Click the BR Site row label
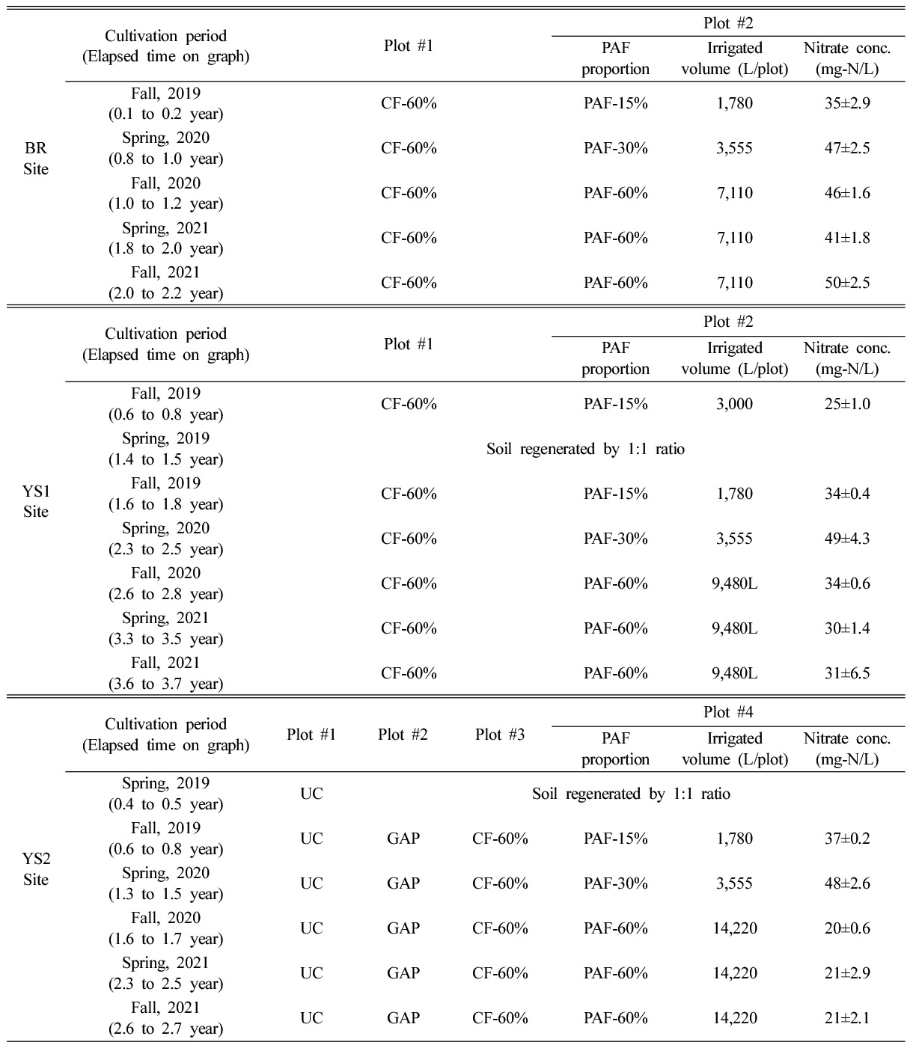(35, 159)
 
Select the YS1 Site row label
(35, 502)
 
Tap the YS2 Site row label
(35, 869)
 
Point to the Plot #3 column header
(500, 735)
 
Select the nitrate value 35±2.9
(847, 103)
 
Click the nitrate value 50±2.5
(847, 283)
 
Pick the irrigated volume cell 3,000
(734, 404)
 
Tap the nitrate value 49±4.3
(847, 539)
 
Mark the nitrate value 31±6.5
(847, 673)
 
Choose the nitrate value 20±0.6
(847, 928)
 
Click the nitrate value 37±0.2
(847, 839)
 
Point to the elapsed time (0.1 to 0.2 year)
(165, 114)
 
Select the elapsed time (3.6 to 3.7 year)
(165, 684)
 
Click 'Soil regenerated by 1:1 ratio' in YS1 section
(585, 450)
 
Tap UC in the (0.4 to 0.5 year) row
(311, 794)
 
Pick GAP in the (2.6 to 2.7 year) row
(403, 1018)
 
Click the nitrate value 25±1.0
(847, 404)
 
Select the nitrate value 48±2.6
(847, 883)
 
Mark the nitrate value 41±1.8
(847, 238)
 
